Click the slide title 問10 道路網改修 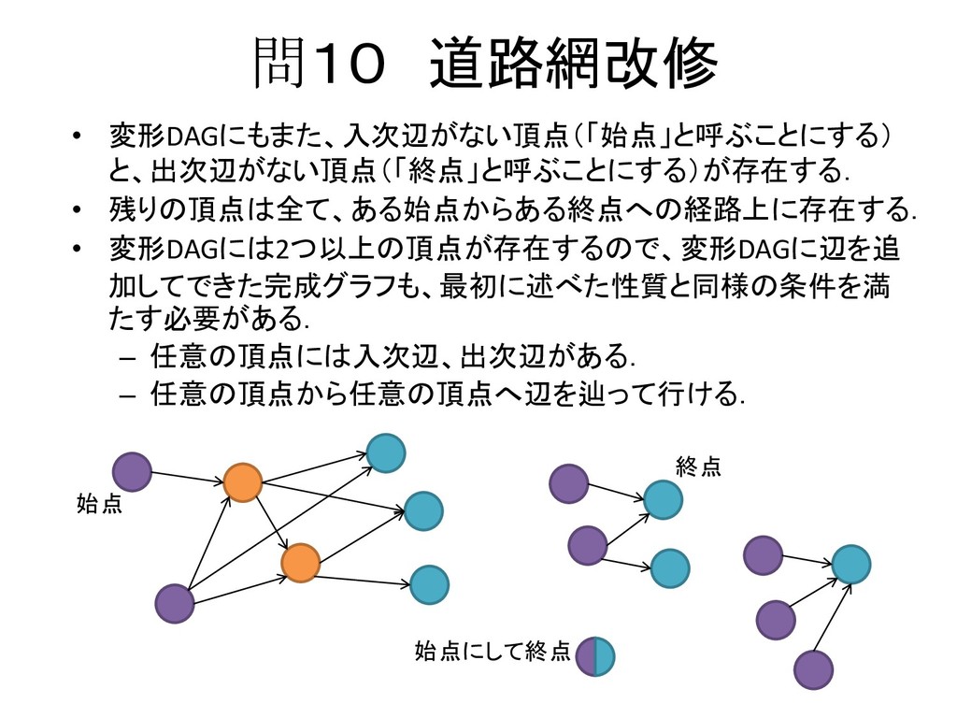click(x=486, y=64)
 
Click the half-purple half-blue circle click(x=594, y=655)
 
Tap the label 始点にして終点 click(x=492, y=652)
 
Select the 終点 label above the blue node click(x=698, y=467)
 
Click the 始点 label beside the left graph click(x=99, y=506)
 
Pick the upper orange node click(x=242, y=482)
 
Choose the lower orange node click(x=301, y=562)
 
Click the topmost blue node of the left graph click(x=386, y=453)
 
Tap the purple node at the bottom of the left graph click(x=175, y=604)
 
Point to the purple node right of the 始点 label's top click(x=132, y=472)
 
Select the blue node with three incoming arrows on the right click(x=850, y=565)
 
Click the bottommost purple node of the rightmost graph click(x=813, y=670)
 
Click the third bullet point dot click(x=79, y=250)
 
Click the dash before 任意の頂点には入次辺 click(x=129, y=358)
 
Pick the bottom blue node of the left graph click(x=429, y=585)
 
